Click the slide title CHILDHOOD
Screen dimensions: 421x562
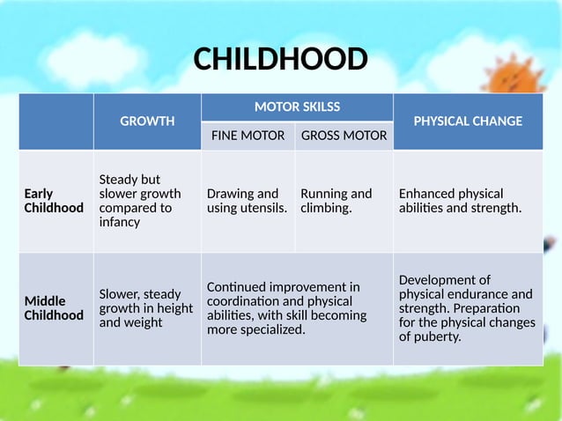[280, 59]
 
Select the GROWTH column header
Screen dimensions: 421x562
[147, 122]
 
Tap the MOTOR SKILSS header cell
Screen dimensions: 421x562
[297, 107]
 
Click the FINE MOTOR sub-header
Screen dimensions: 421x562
[248, 136]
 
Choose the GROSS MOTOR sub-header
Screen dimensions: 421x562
[344, 136]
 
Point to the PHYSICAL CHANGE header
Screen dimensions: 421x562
[468, 122]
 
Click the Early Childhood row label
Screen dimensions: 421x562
[54, 201]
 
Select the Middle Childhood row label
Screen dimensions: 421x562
[54, 308]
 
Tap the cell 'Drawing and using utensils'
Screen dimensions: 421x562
[247, 201]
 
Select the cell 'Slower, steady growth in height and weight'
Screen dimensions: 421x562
[146, 308]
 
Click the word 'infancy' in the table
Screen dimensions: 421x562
[121, 223]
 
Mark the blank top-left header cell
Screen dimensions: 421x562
[56, 122]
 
